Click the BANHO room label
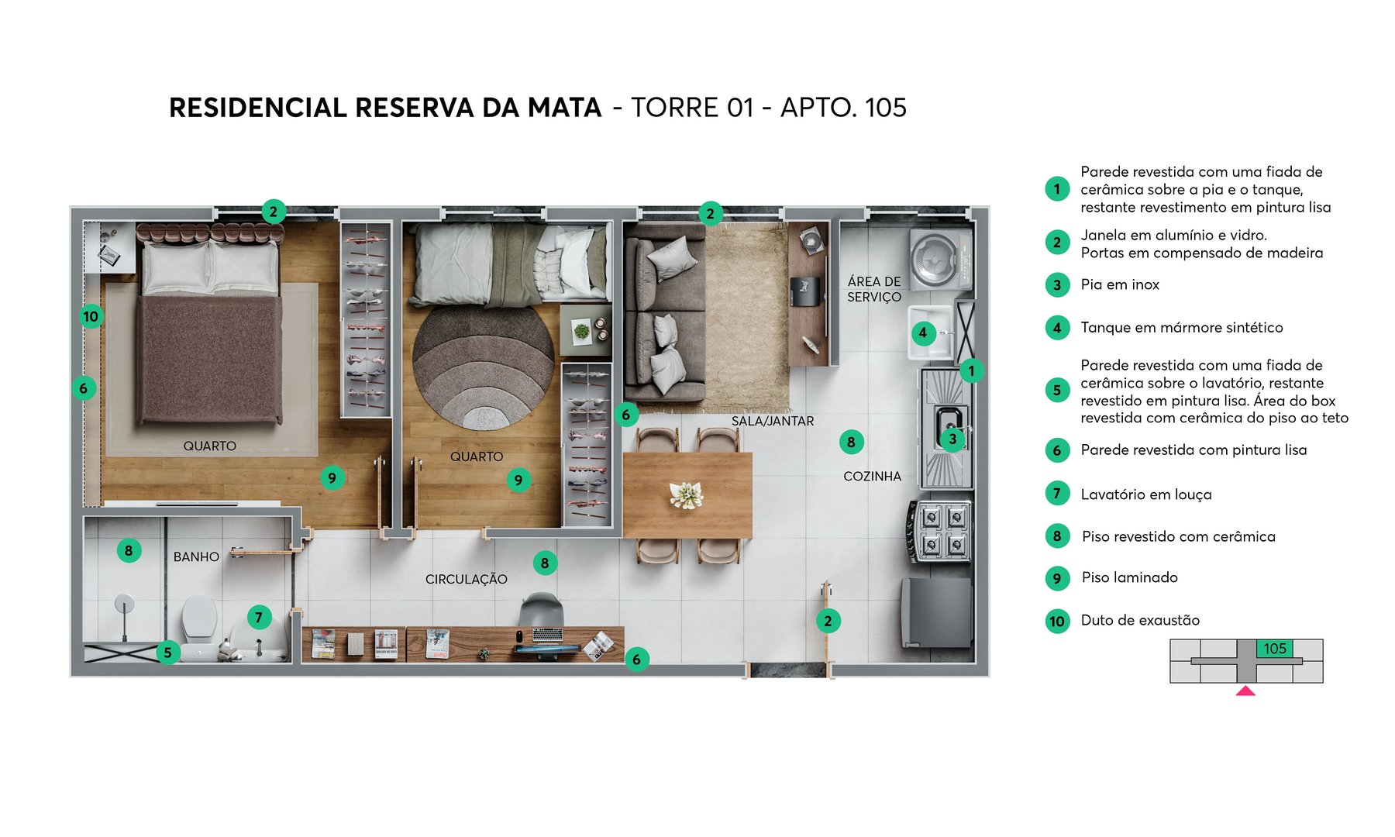click(x=196, y=556)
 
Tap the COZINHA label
click(x=872, y=476)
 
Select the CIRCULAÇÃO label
click(x=466, y=579)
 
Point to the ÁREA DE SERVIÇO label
click(x=874, y=289)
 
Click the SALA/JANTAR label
click(x=773, y=421)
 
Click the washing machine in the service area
click(x=939, y=258)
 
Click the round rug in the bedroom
click(x=483, y=367)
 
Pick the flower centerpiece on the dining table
click(x=686, y=494)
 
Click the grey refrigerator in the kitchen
click(x=936, y=612)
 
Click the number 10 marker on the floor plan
click(x=91, y=316)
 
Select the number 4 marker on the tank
click(x=922, y=333)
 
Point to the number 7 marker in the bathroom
click(x=259, y=617)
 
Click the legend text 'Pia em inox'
click(x=1120, y=284)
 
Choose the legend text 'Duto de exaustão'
click(x=1140, y=620)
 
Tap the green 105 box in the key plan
click(x=1274, y=649)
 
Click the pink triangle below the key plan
click(x=1245, y=691)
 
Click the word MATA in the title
click(x=564, y=108)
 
